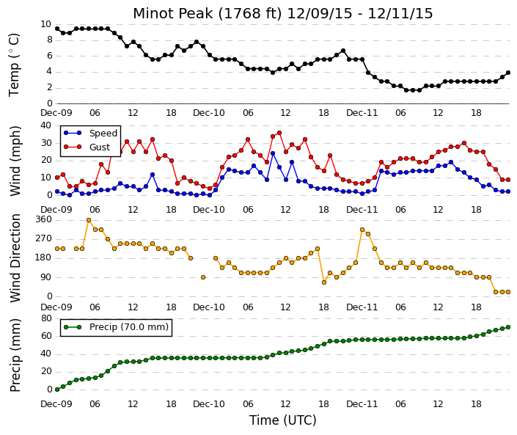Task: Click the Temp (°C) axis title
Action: [14, 65]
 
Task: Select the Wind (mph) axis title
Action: [15, 161]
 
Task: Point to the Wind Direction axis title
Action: [15, 258]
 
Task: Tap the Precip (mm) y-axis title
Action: [15, 355]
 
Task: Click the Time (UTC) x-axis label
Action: [282, 420]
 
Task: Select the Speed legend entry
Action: [91, 134]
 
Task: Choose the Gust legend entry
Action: [87, 147]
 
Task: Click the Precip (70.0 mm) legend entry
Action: [116, 327]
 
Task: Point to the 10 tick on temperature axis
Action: [45, 24]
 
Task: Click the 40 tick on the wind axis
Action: [45, 125]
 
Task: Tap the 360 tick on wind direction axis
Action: [43, 219]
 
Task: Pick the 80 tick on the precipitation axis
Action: [45, 318]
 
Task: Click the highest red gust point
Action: [279, 133]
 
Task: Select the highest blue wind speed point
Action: [273, 153]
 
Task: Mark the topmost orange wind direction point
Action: [89, 220]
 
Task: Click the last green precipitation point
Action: [508, 327]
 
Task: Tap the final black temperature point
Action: [508, 73]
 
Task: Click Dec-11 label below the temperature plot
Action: [362, 113]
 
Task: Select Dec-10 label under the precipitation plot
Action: [209, 404]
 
